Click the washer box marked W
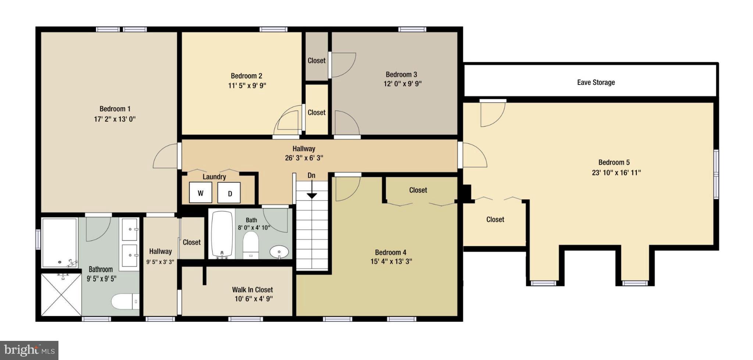200,193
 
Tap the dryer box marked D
229,193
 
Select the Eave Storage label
596,82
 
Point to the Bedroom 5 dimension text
616,172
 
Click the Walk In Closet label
252,289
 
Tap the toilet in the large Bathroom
124,302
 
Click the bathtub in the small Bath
222,235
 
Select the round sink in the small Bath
279,252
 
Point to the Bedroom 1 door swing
165,156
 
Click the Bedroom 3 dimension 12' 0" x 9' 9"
402,84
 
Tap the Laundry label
214,177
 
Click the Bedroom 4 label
390,252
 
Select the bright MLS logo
29,350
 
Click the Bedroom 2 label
246,76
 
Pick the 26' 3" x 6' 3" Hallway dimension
304,158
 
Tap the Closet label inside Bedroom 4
418,190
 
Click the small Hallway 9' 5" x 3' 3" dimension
160,262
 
